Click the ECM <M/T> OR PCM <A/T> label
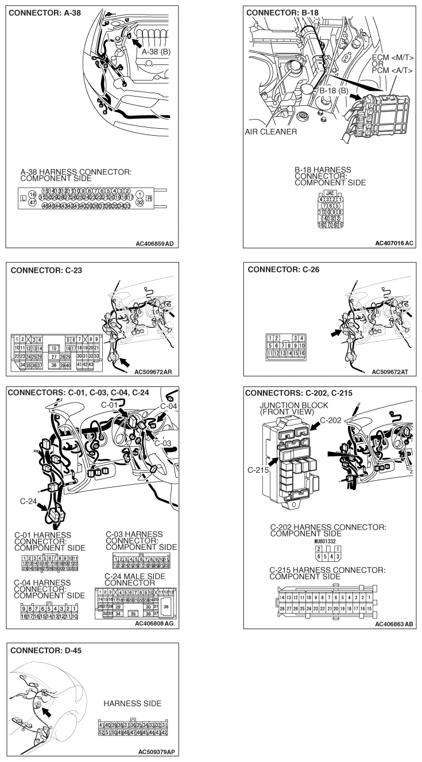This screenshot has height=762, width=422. click(393, 64)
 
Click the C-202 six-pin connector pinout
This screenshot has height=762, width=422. click(328, 553)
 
